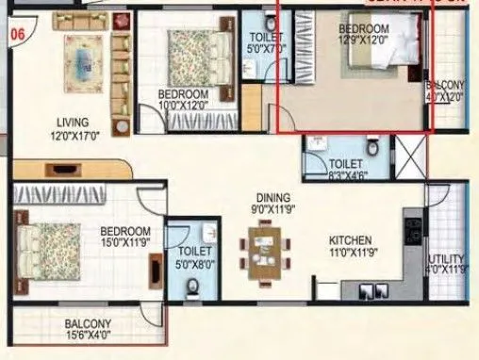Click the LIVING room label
72,123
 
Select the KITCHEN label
350,239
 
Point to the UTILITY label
448,259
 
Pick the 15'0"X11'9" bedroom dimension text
124,243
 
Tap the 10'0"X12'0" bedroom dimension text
183,106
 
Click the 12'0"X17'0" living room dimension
72,136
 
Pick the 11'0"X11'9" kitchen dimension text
350,253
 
